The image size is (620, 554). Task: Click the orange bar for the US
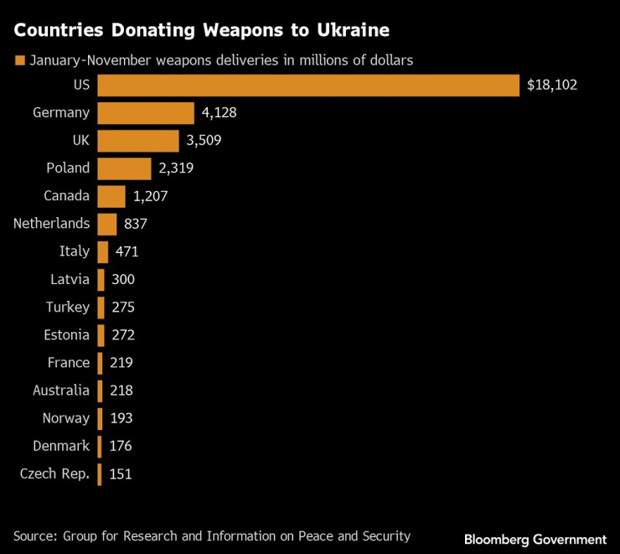[x=308, y=85]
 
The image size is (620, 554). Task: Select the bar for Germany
[x=146, y=112]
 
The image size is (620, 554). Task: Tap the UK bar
[x=138, y=140]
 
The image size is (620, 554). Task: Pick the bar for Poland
[x=124, y=168]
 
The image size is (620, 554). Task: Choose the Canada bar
[x=111, y=196]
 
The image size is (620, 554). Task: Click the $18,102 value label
[x=552, y=85]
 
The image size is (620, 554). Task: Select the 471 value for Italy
[x=127, y=251]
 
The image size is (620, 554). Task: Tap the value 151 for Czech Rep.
[x=120, y=474]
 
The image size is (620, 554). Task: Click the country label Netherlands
[x=51, y=224]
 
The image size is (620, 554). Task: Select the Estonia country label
[x=66, y=334]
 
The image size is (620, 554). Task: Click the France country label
[x=69, y=362]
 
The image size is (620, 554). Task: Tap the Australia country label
[x=61, y=390]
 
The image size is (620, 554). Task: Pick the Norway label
[x=65, y=417]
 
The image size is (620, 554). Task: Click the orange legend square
[x=18, y=60]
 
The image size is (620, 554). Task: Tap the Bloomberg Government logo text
[x=535, y=540]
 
